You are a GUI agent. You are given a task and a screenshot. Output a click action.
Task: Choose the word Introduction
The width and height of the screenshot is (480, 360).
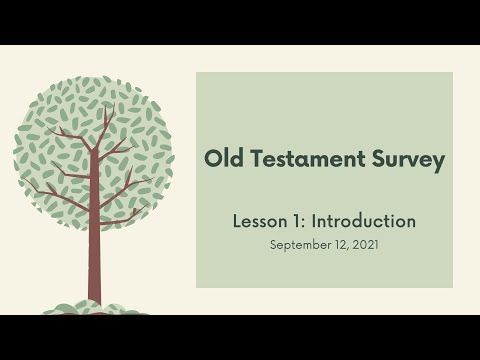(x=363, y=221)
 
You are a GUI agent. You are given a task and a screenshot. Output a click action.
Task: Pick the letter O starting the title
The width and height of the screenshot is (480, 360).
(x=211, y=160)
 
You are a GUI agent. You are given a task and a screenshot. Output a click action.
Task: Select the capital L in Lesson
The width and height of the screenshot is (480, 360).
(x=236, y=221)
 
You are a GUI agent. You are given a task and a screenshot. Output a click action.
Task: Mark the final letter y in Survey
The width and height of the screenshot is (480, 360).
(x=437, y=163)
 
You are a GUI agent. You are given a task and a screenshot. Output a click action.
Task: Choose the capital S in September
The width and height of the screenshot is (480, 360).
(x=274, y=243)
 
